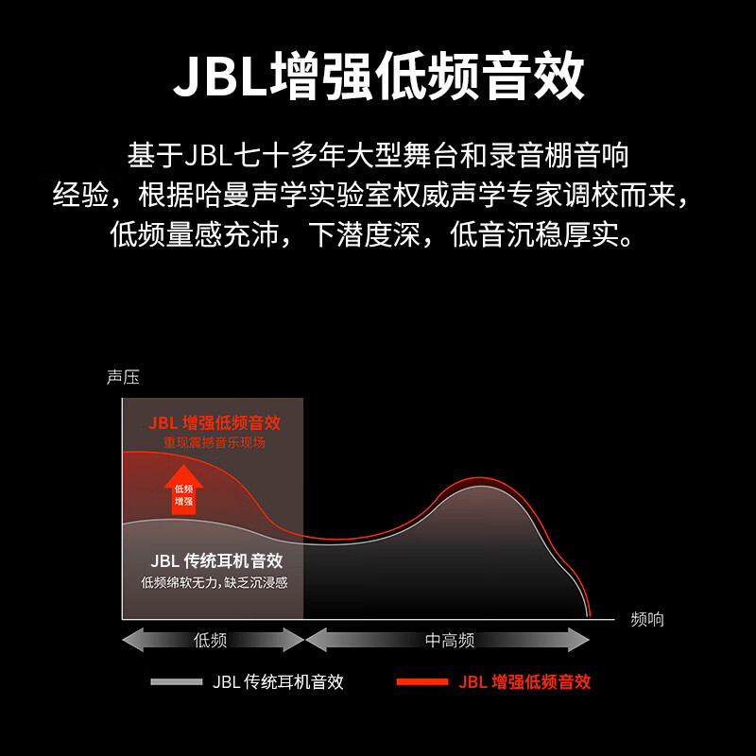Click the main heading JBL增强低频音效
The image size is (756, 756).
(x=379, y=77)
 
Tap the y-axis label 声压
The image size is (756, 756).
(x=124, y=377)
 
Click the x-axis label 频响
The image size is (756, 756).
(x=647, y=619)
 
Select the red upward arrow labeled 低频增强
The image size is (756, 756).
(x=183, y=489)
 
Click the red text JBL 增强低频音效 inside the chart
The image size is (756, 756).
(x=215, y=422)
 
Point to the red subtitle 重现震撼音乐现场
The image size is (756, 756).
(x=215, y=442)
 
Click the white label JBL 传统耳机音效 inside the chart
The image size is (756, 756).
(x=216, y=560)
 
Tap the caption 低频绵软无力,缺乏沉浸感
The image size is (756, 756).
(x=215, y=582)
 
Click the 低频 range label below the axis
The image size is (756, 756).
(x=210, y=641)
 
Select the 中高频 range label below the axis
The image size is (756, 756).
(x=450, y=641)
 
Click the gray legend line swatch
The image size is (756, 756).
(x=177, y=681)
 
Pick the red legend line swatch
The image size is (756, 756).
(x=421, y=681)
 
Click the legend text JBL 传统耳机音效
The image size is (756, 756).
(x=278, y=681)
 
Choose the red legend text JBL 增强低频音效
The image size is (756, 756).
(x=524, y=681)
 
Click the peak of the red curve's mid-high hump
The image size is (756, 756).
(x=480, y=477)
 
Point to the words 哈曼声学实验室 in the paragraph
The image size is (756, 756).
(x=280, y=196)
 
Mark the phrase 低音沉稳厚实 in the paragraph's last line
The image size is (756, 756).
(x=534, y=234)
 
